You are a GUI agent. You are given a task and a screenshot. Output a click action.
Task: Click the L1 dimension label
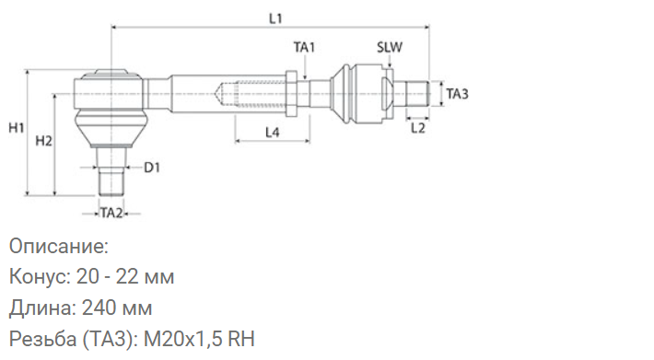pyautogui.click(x=275, y=18)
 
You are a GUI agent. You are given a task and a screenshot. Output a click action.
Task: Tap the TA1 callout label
pyautogui.click(x=304, y=48)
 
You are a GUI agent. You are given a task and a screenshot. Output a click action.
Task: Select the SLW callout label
pyautogui.click(x=390, y=48)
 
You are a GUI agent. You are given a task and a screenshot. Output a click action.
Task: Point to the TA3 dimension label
pyautogui.click(x=458, y=94)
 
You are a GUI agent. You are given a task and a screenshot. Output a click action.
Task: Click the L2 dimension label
pyautogui.click(x=417, y=128)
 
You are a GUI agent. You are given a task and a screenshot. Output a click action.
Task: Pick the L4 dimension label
pyautogui.click(x=272, y=133)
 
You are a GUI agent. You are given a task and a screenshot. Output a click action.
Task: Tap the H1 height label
pyautogui.click(x=17, y=128)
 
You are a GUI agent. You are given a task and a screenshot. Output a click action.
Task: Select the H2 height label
pyautogui.click(x=44, y=141)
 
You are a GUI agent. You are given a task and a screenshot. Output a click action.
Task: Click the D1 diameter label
pyautogui.click(x=152, y=168)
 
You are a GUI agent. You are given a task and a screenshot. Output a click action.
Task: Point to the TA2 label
pyautogui.click(x=111, y=214)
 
